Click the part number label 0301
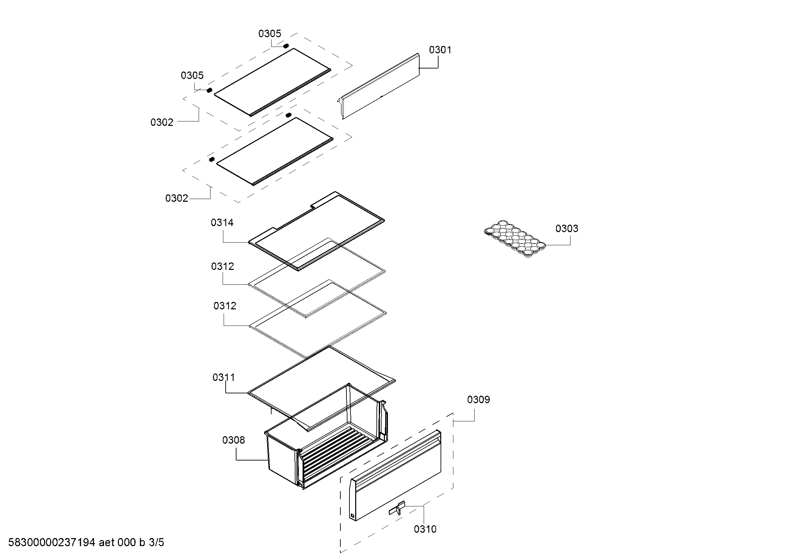(440, 50)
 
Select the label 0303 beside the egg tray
(567, 228)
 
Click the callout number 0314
(222, 223)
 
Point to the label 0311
(224, 377)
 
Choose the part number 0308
(234, 440)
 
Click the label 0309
(478, 399)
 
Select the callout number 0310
(425, 529)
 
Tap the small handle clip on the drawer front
(397, 509)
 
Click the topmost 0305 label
(270, 33)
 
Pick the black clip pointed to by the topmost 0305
(286, 46)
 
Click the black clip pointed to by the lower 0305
(209, 90)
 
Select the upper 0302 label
(162, 122)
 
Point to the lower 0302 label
(177, 198)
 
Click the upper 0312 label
(222, 266)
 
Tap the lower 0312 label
(225, 306)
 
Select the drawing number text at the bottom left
(86, 542)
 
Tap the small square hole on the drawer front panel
(352, 515)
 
